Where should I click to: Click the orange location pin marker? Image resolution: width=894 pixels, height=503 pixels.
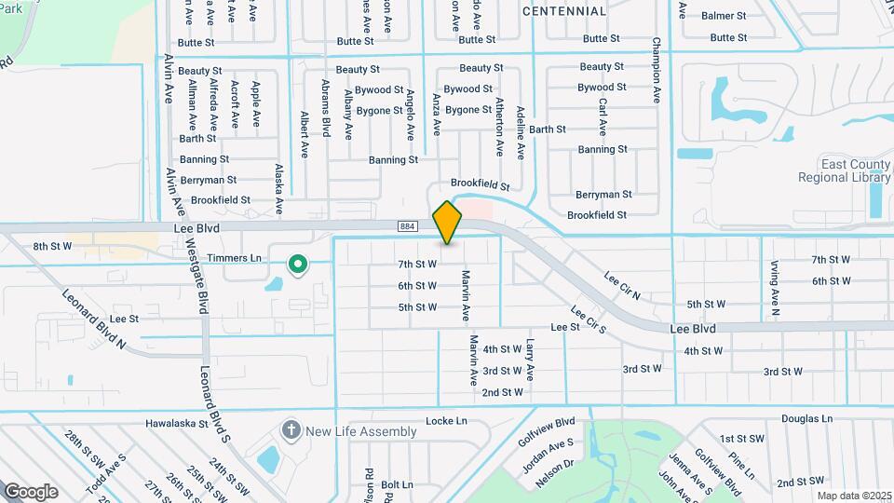pyautogui.click(x=447, y=222)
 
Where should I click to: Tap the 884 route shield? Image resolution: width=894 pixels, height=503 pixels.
pyautogui.click(x=407, y=226)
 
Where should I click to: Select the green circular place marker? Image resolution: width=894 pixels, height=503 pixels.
pyautogui.click(x=298, y=265)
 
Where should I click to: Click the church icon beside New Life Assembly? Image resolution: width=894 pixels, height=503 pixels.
pyautogui.click(x=291, y=430)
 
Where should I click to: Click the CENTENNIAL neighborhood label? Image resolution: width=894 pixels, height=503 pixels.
pyautogui.click(x=564, y=11)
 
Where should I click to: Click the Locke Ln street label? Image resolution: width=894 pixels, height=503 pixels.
pyautogui.click(x=446, y=421)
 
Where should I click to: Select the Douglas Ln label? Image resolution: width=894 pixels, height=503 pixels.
pyautogui.click(x=807, y=419)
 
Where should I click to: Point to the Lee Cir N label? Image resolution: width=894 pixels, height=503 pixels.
pyautogui.click(x=622, y=284)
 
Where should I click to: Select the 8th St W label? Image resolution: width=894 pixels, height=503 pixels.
pyautogui.click(x=52, y=246)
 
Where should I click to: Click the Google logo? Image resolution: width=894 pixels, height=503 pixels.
pyautogui.click(x=31, y=492)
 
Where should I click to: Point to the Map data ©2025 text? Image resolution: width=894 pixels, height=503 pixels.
pyautogui.click(x=854, y=496)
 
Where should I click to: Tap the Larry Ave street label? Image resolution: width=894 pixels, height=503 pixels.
pyautogui.click(x=530, y=360)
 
